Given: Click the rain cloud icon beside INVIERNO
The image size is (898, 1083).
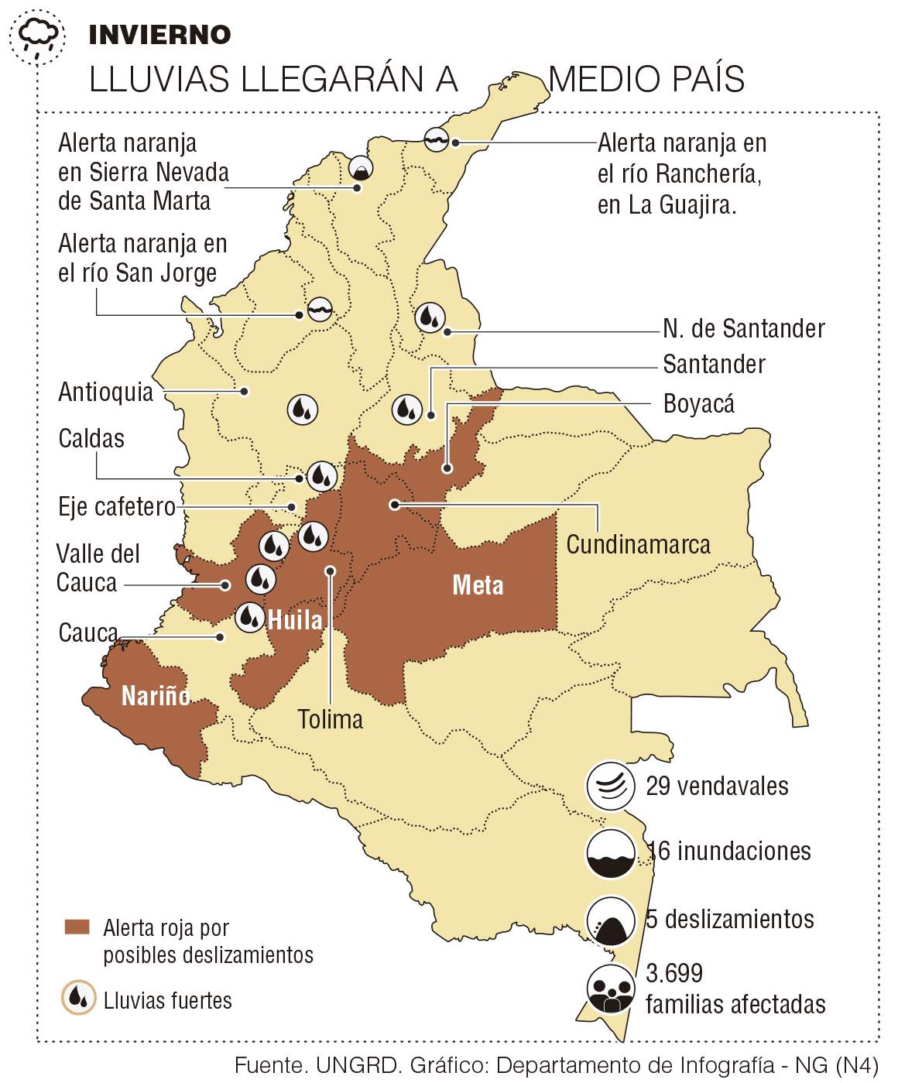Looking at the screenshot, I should click(37, 36).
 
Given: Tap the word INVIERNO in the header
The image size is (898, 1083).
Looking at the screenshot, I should click(159, 35).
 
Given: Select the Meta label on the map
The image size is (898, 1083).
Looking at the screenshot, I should click(478, 585).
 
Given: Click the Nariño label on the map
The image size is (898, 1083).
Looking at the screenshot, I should click(156, 696).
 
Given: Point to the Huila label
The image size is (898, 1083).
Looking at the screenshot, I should click(295, 620).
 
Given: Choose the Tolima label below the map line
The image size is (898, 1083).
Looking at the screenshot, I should click(331, 719).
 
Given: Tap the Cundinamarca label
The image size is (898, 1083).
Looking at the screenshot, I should click(638, 544).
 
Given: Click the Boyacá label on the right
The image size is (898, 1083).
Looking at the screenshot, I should click(698, 403).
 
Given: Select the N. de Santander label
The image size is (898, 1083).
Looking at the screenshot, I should click(743, 328).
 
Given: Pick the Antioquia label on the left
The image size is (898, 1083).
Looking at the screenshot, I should click(106, 392).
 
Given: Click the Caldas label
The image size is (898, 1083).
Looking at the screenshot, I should click(91, 438).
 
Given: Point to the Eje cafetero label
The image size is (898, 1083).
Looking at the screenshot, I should click(117, 506).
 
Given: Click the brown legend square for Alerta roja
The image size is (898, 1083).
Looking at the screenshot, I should click(77, 927).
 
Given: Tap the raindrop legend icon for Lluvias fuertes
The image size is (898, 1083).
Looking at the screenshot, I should click(78, 998).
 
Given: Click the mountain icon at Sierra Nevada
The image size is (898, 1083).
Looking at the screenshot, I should click(360, 169).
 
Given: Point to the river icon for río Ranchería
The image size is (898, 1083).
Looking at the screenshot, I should click(437, 139).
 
